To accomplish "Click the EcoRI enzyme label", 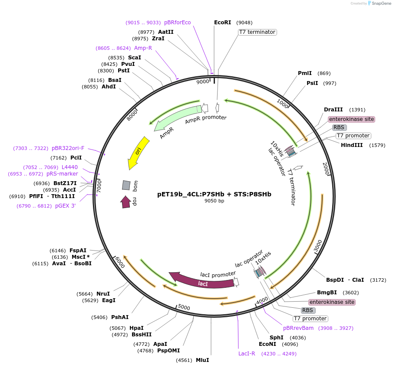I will click(x=222, y=23).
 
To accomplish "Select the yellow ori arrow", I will click(x=138, y=153).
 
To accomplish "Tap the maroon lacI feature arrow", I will click(x=202, y=282).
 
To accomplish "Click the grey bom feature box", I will click(x=126, y=185).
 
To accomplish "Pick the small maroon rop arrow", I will click(x=125, y=202).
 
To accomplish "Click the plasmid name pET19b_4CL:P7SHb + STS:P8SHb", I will click(x=214, y=194).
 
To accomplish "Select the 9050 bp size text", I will click(x=214, y=201).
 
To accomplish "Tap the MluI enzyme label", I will click(x=202, y=360).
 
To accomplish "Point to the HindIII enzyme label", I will click(x=352, y=145).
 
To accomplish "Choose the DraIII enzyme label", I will click(x=333, y=110).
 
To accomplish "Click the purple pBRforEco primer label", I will click(x=177, y=23).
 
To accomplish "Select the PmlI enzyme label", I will click(x=304, y=73).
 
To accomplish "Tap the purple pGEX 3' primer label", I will click(x=65, y=206).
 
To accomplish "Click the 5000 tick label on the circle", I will click(x=184, y=308).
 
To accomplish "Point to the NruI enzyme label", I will click(x=103, y=293).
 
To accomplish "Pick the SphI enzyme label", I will click(x=276, y=337).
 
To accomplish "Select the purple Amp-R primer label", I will click(x=143, y=48).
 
